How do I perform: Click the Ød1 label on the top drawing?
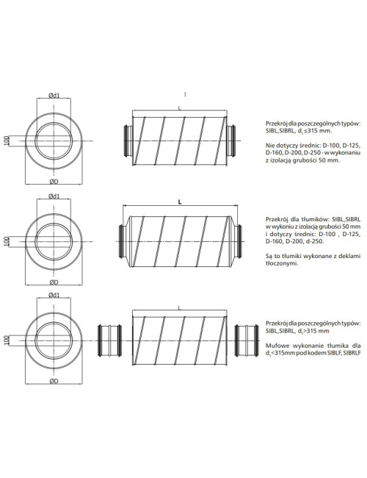point(54,95)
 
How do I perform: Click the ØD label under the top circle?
point(54,182)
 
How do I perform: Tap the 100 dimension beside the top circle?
point(7,140)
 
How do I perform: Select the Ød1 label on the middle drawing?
point(54,196)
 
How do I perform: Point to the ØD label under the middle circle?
point(54,282)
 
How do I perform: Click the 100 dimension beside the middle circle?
point(7,241)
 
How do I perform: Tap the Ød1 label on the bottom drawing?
point(54,295)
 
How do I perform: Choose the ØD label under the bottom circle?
point(54,381)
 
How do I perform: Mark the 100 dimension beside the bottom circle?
point(7,340)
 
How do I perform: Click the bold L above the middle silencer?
point(180,201)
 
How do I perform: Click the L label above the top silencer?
point(179,108)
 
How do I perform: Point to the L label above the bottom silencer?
point(179,308)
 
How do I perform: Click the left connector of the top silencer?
point(128,140)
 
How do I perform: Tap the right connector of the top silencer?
point(231,140)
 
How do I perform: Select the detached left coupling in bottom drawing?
point(109,340)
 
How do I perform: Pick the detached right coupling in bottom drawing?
point(247,340)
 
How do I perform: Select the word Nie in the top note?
point(270,145)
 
